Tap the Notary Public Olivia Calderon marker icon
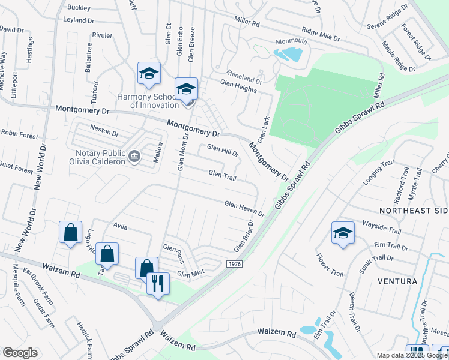pos(134,157)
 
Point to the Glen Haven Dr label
pos(244,209)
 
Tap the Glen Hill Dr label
pos(223,150)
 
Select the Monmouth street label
pos(291,41)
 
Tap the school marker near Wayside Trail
pos(343,233)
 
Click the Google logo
pos(20,353)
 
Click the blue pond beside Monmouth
pos(288,55)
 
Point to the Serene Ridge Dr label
pos(387,17)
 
